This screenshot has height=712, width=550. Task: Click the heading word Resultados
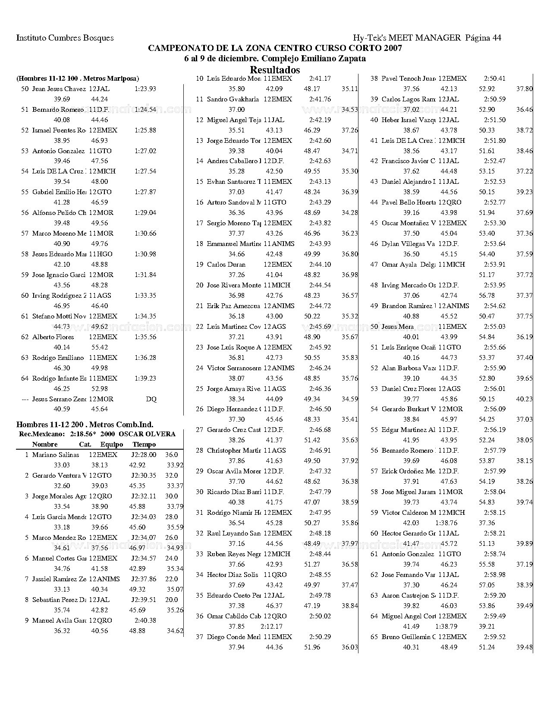pos(275,69)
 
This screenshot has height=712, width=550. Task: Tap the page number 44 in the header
pos(496,38)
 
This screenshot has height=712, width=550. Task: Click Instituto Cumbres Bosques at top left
pos(65,38)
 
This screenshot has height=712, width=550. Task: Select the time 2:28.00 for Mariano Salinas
pos(144,454)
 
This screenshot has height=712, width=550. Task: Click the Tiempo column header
pos(144,444)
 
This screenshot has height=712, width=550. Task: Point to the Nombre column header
pos(45,444)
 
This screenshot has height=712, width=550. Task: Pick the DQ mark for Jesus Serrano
pos(151,399)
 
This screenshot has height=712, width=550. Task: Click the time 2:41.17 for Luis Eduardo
pos(320,79)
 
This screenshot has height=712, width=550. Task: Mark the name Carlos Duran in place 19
pos(226,265)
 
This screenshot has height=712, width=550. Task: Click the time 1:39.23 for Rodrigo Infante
pos(145,378)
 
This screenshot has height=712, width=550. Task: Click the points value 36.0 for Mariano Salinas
pos(171,454)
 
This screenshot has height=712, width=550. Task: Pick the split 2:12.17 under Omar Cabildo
pos(271,626)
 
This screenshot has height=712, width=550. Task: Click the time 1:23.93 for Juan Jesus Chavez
pos(145,89)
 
